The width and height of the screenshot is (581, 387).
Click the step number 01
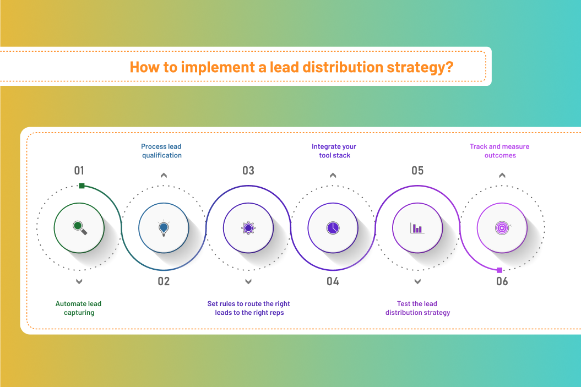79,171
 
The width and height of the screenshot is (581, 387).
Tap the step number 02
164,281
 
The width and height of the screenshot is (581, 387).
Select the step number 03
248,171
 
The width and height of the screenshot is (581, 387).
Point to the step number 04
333,281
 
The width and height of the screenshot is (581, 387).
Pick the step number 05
417,171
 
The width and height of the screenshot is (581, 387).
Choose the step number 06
502,281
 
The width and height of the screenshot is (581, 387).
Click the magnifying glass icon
80,227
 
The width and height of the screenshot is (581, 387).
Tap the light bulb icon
164,228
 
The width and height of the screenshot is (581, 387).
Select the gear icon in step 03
248,228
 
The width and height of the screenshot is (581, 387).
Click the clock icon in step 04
333,228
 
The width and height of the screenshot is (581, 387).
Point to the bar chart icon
417,228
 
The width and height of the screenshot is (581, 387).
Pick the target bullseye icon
502,228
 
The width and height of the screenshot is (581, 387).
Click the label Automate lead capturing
79,308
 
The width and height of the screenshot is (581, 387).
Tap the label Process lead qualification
161,151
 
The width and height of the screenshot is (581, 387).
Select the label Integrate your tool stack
334,151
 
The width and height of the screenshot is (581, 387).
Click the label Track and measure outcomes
499,151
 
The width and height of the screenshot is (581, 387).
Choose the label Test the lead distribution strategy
417,308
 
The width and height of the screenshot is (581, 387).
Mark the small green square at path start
82,186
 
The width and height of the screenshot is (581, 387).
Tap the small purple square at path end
499,270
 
